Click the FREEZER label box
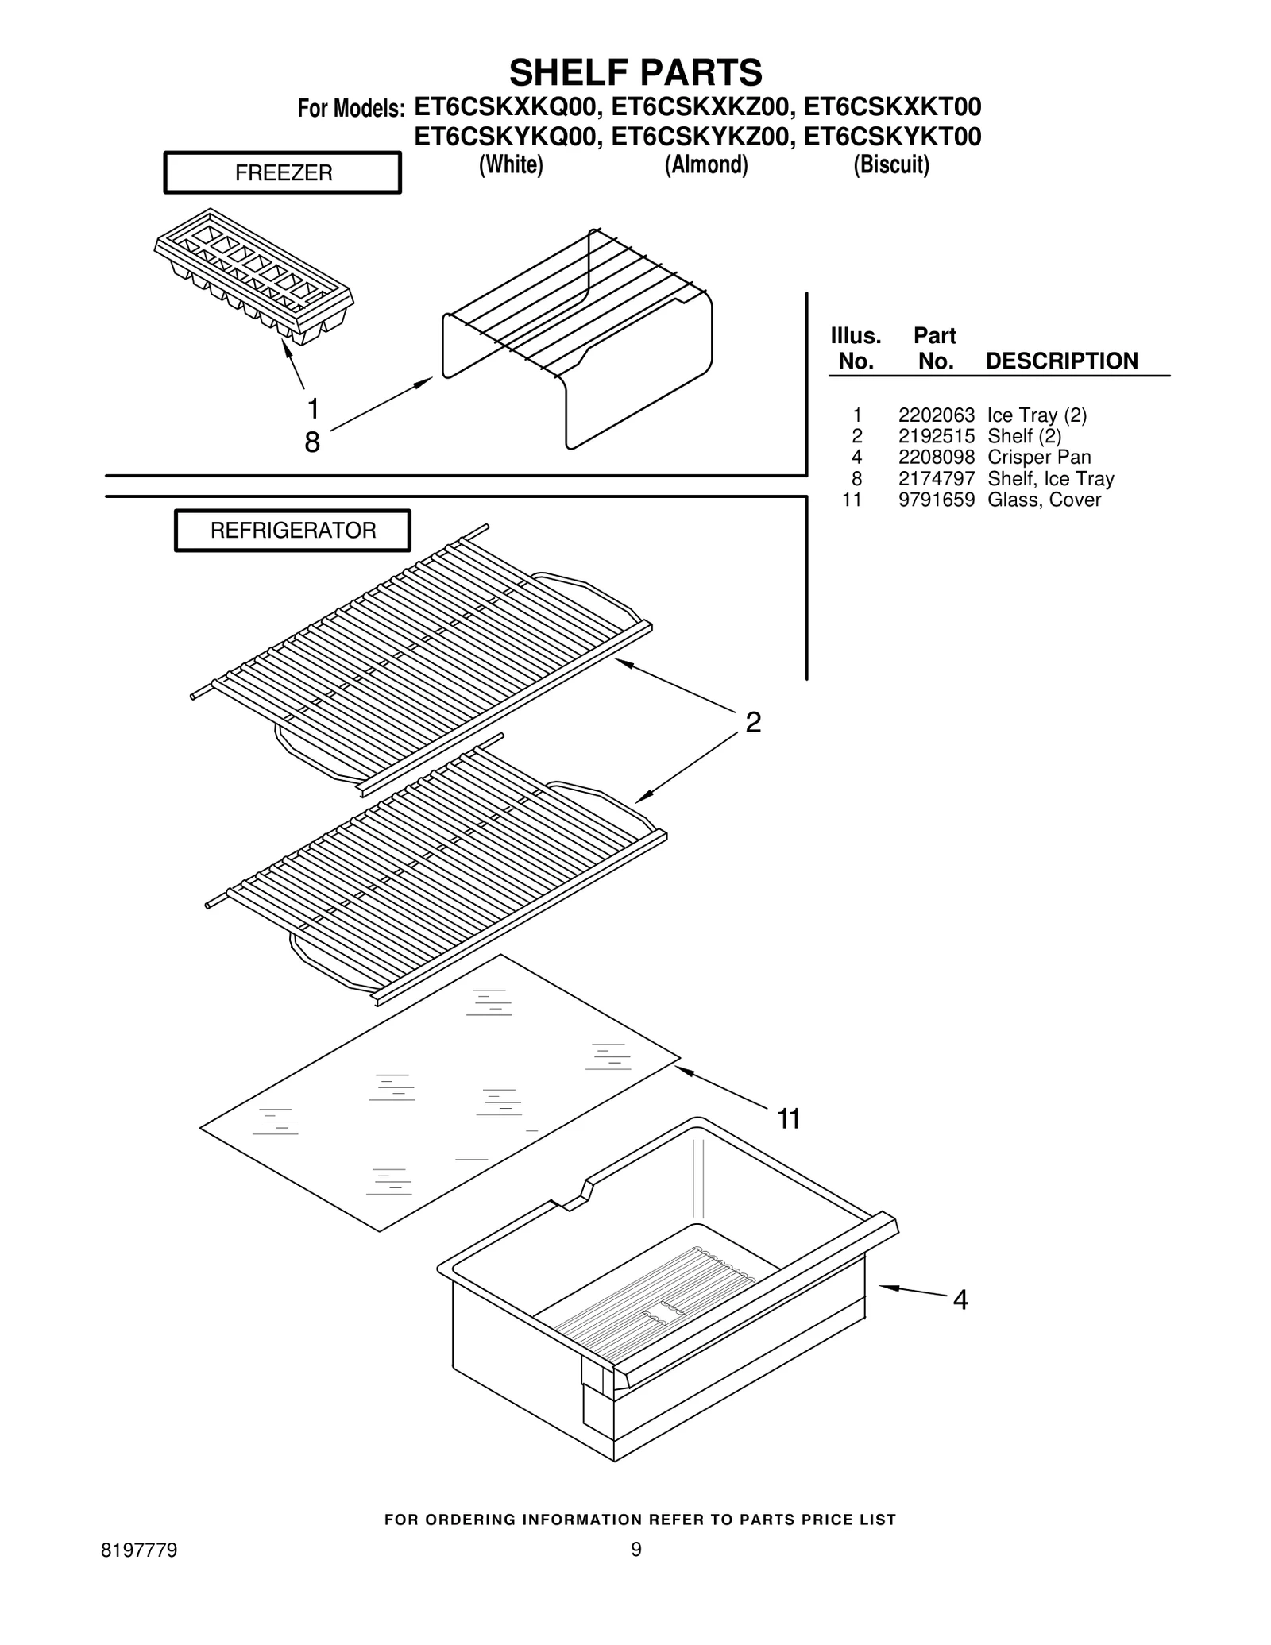click(x=283, y=173)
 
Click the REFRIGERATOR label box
click(x=292, y=531)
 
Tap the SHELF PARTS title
click(x=635, y=72)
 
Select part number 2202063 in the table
click(x=936, y=415)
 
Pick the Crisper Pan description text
click(x=1038, y=458)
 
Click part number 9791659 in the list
click(x=936, y=500)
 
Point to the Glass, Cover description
click(x=1044, y=500)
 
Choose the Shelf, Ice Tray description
click(x=1050, y=479)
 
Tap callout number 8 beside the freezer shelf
click(x=312, y=442)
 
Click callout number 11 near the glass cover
click(x=788, y=1119)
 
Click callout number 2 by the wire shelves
click(x=753, y=722)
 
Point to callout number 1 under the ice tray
click(x=313, y=409)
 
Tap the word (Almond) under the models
click(x=706, y=164)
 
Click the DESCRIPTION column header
click(x=1061, y=361)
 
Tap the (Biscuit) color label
click(x=891, y=164)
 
